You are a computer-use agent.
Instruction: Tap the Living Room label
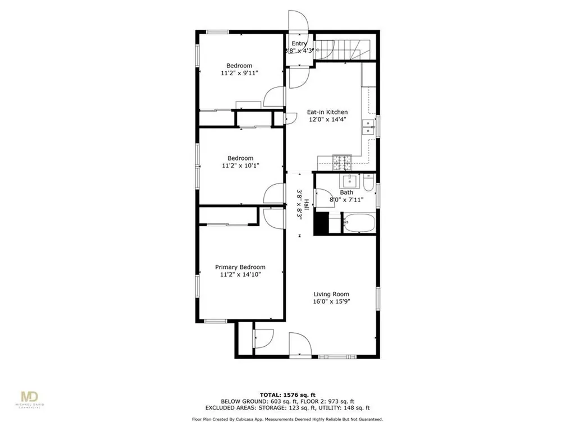pyautogui.click(x=331, y=294)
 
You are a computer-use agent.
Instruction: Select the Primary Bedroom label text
pyautogui.click(x=240, y=267)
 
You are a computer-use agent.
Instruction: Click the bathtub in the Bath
pyautogui.click(x=358, y=223)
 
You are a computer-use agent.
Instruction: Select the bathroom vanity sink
pyautogui.click(x=351, y=181)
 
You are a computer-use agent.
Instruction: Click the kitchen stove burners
pyautogui.click(x=341, y=162)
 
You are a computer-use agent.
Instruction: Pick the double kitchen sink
pyautogui.click(x=368, y=127)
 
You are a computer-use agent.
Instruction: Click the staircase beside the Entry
pyautogui.click(x=343, y=49)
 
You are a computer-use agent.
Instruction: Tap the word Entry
pyautogui.click(x=299, y=43)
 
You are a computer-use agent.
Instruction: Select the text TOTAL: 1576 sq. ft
pyautogui.click(x=287, y=394)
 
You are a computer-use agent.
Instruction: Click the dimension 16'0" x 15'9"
pyautogui.click(x=331, y=301)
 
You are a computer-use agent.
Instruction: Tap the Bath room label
pyautogui.click(x=346, y=192)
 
